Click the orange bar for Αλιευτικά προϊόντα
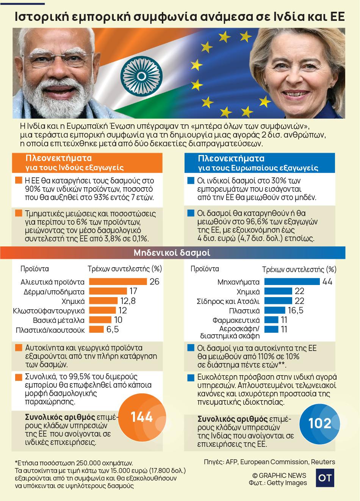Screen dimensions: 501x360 [118, 282]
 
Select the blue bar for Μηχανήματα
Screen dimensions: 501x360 [292, 282]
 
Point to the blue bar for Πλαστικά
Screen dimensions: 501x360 [276, 310]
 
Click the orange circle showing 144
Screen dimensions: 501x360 [142, 417]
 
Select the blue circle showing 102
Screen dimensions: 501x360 [320, 423]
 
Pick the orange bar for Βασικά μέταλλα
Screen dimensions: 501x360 [100, 320]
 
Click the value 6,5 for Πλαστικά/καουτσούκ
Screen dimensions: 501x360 [113, 329]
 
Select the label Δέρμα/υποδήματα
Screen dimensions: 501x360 [59, 291]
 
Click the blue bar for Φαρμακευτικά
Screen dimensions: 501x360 [271, 320]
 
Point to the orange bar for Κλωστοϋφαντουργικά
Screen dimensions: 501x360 [101, 310]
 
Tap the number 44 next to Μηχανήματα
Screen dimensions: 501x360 [327, 282]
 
